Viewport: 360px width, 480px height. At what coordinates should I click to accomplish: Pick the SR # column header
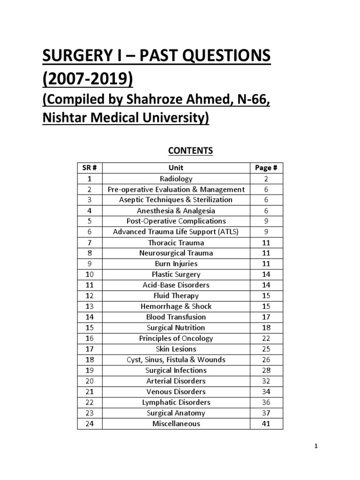pyautogui.click(x=90, y=167)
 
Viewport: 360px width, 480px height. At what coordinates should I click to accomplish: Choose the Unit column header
pyautogui.click(x=176, y=167)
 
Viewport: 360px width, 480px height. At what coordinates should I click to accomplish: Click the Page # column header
pyautogui.click(x=266, y=167)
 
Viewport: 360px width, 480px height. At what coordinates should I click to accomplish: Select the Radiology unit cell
pyautogui.click(x=176, y=179)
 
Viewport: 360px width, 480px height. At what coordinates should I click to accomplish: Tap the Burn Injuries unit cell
pyautogui.click(x=176, y=263)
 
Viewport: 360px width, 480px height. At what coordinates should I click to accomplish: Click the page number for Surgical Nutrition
pyautogui.click(x=266, y=328)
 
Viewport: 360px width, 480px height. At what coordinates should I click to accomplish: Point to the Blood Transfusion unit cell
pyautogui.click(x=176, y=317)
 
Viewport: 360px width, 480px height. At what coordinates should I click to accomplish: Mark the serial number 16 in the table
pyautogui.click(x=90, y=338)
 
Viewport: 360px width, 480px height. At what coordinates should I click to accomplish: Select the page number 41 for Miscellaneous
pyautogui.click(x=266, y=423)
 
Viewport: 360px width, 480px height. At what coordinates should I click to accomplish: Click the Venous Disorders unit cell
pyautogui.click(x=176, y=391)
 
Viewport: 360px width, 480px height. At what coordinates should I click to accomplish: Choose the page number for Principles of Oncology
pyautogui.click(x=266, y=338)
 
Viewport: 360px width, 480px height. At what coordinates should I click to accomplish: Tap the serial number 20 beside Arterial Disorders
pyautogui.click(x=90, y=381)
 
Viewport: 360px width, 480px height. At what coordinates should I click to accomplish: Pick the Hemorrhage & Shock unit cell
pyautogui.click(x=176, y=306)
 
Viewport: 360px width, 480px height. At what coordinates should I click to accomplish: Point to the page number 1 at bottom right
pyautogui.click(x=316, y=446)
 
